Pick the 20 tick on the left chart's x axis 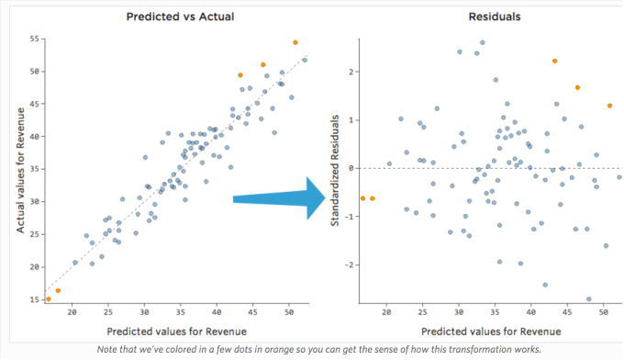pyautogui.click(x=72, y=312)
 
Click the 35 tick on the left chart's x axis pyautogui.click(x=182, y=312)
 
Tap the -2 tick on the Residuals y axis pyautogui.click(x=349, y=264)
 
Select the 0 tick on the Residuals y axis pyautogui.click(x=351, y=168)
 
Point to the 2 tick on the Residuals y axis pyautogui.click(x=351, y=72)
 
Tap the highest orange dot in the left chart pyautogui.click(x=295, y=42)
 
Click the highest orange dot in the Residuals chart pyautogui.click(x=555, y=61)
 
